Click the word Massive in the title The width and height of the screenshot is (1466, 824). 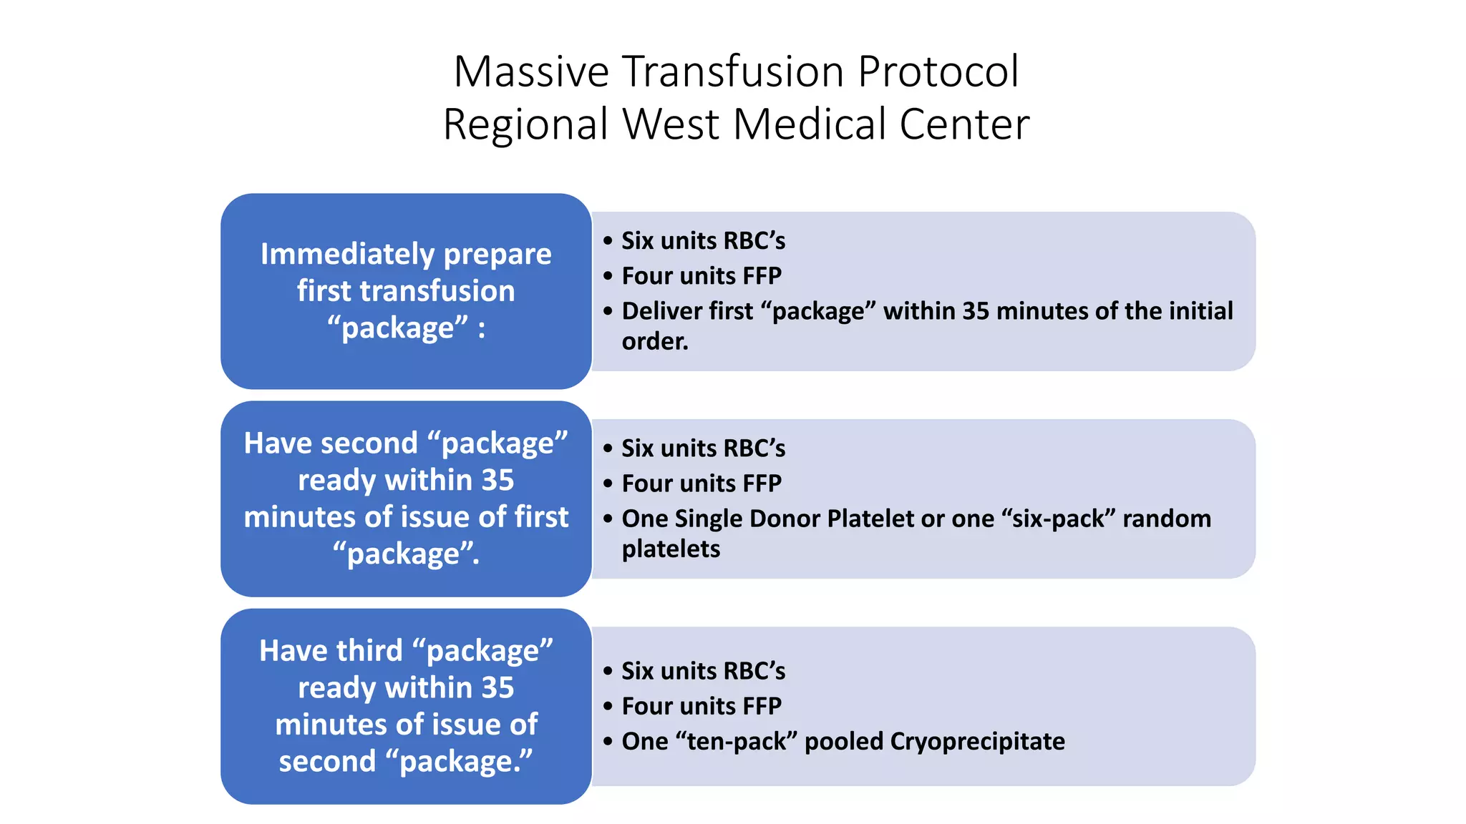(530, 72)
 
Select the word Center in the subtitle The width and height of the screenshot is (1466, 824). (964, 124)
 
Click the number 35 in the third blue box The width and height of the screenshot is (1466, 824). (497, 688)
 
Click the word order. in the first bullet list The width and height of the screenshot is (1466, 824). (655, 342)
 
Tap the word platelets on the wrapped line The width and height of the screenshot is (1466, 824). (671, 549)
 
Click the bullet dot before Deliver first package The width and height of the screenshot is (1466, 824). (608, 312)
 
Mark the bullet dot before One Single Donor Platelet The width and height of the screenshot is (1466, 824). (608, 519)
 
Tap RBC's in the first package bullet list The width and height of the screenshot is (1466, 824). (754, 241)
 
